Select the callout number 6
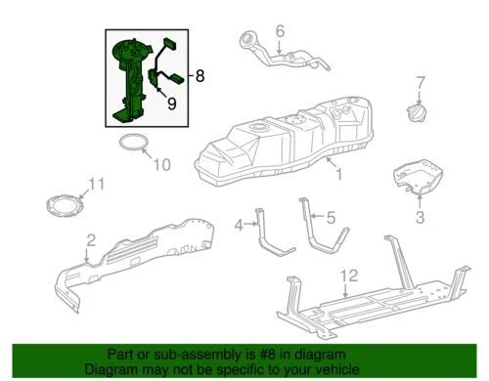(x=279, y=32)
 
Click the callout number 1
(x=338, y=176)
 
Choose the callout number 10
(x=162, y=163)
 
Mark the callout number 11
(x=95, y=185)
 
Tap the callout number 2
(x=90, y=239)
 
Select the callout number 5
(x=331, y=216)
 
